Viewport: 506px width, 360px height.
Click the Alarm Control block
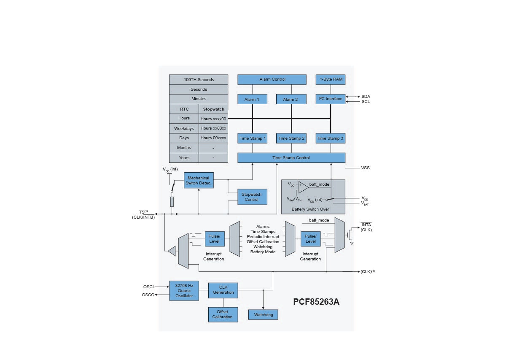pyautogui.click(x=272, y=79)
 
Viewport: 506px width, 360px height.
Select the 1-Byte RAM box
pyautogui.click(x=331, y=79)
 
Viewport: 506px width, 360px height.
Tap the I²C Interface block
pyautogui.click(x=331, y=99)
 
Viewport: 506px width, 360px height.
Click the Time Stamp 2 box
pyautogui.click(x=291, y=138)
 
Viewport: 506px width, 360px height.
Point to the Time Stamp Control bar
pyautogui.click(x=291, y=158)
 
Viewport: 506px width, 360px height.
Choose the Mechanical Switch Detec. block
pyautogui.click(x=199, y=181)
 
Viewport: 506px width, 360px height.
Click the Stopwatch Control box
pyautogui.click(x=252, y=197)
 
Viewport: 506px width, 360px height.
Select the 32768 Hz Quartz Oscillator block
pyautogui.click(x=184, y=290)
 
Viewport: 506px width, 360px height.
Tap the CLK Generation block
pyautogui.click(x=223, y=290)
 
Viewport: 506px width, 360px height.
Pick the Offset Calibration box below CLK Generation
pyautogui.click(x=222, y=314)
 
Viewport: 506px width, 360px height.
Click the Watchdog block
pyautogui.click(x=264, y=315)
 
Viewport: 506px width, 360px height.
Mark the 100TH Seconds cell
pyautogui.click(x=199, y=79)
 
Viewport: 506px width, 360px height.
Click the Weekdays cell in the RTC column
pyautogui.click(x=184, y=128)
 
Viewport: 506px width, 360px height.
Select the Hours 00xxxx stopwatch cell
pyautogui.click(x=213, y=138)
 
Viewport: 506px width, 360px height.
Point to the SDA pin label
pyautogui.click(x=366, y=97)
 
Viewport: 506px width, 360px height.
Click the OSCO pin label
pyautogui.click(x=148, y=295)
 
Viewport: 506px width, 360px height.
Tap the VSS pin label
pyautogui.click(x=366, y=168)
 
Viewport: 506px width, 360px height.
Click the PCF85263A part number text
pyautogui.click(x=316, y=302)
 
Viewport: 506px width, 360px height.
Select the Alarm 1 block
pyautogui.click(x=252, y=99)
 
